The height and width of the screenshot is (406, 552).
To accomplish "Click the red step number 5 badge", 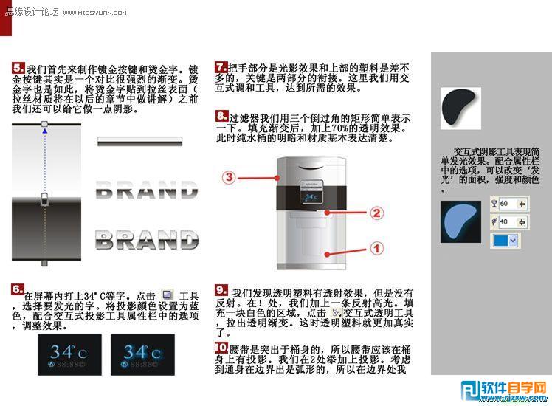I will click(19, 67).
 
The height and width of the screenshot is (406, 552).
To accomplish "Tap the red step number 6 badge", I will click(18, 289).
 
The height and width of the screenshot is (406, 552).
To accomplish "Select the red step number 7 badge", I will click(221, 66).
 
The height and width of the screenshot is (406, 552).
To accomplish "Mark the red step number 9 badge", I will click(221, 290).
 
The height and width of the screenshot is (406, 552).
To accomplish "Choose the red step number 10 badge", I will click(221, 347).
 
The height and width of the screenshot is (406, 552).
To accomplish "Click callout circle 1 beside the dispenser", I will click(376, 249).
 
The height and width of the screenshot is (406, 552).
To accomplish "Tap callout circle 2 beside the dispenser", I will click(376, 214).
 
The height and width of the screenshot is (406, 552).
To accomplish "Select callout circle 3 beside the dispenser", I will click(230, 177).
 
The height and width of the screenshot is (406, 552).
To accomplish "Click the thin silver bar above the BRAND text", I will click(148, 141).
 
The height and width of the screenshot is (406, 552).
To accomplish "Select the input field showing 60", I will click(508, 203).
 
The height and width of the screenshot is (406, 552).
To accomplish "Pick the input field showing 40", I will click(508, 221).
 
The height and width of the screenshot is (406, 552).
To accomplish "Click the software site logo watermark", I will click(504, 389).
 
